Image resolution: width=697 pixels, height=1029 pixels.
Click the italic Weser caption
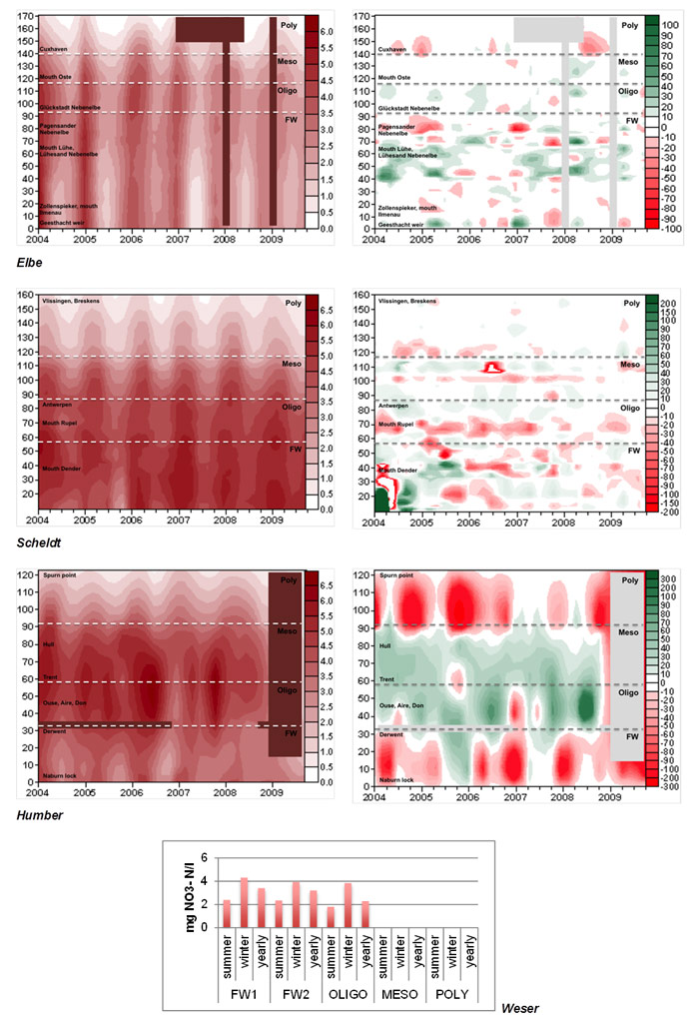[519, 1011]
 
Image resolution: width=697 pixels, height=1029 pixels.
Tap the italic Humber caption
[39, 815]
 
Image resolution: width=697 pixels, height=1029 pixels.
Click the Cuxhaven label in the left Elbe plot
[54, 48]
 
